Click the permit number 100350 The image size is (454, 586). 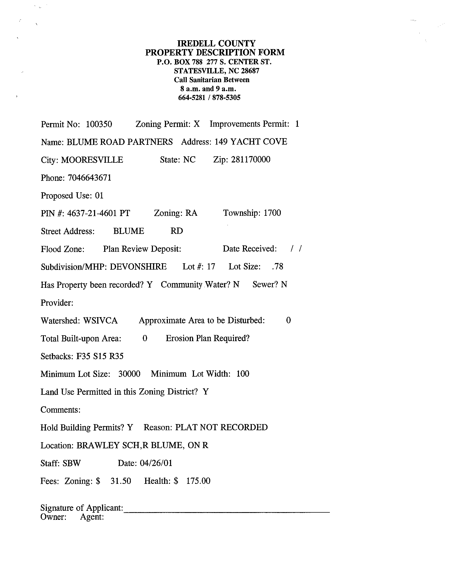click(x=99, y=124)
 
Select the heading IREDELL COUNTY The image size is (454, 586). click(x=216, y=43)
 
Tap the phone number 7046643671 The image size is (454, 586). click(x=90, y=178)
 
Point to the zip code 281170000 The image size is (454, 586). click(x=251, y=160)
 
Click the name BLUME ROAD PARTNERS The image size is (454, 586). click(x=120, y=142)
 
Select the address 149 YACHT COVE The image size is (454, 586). click(x=251, y=142)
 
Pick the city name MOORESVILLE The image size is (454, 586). click(x=92, y=160)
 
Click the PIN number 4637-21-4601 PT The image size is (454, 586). click(x=98, y=213)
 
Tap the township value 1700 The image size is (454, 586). click(x=272, y=213)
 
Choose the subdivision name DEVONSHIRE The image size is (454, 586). click(x=138, y=267)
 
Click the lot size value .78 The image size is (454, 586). click(x=277, y=266)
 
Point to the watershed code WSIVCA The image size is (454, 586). click(x=100, y=321)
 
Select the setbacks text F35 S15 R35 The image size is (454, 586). click(x=100, y=356)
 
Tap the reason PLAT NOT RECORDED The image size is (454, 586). click(x=221, y=427)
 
